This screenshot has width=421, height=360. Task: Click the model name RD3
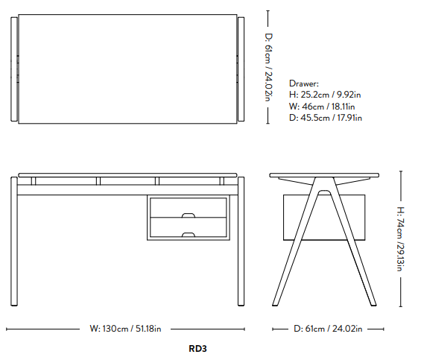pyautogui.click(x=197, y=349)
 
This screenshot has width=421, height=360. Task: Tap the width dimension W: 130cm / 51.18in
pyautogui.click(x=125, y=329)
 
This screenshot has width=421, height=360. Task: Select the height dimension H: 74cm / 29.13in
pyautogui.click(x=401, y=239)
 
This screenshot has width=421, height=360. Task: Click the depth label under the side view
pyautogui.click(x=328, y=329)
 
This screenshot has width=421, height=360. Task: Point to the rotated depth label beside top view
pyautogui.click(x=269, y=67)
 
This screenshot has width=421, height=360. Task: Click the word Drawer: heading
pyautogui.click(x=304, y=83)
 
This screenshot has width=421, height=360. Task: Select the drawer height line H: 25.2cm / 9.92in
pyautogui.click(x=325, y=95)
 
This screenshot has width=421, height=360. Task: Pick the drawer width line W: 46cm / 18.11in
pyautogui.click(x=322, y=107)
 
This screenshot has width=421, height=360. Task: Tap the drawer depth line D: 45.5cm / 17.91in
pyautogui.click(x=326, y=118)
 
